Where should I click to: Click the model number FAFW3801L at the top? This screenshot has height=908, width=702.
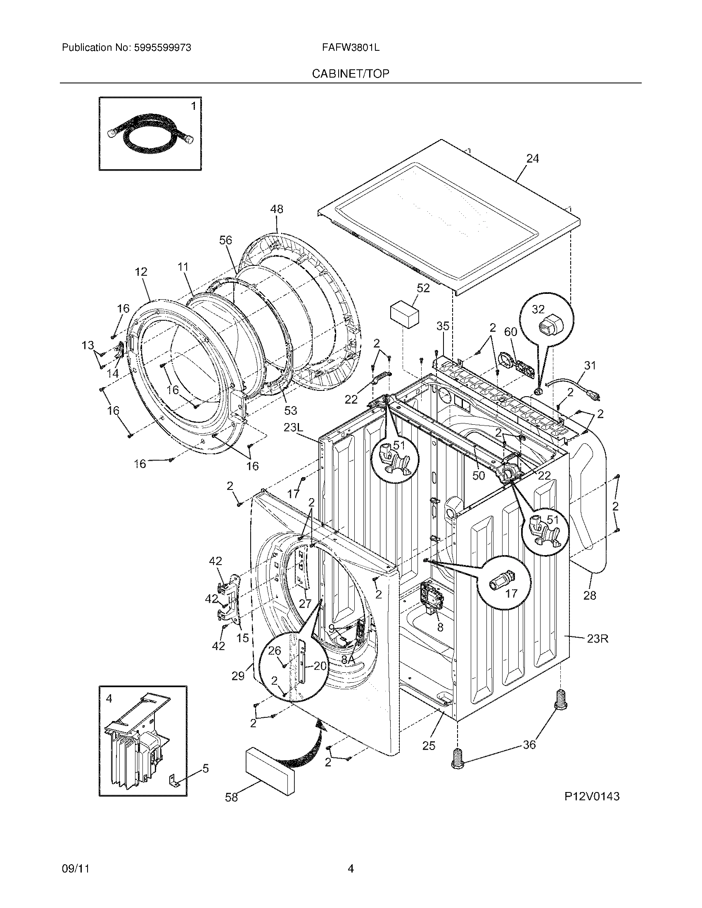[350, 48]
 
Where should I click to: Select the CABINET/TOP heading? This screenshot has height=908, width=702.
[351, 74]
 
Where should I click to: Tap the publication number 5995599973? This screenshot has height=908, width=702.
[162, 48]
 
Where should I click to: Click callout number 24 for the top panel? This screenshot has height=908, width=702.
[533, 159]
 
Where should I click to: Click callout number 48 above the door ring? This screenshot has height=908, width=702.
[277, 209]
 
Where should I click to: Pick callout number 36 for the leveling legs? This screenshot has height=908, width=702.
[529, 745]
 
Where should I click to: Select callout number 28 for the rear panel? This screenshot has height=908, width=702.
[590, 596]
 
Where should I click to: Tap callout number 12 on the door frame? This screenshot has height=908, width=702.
[141, 272]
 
